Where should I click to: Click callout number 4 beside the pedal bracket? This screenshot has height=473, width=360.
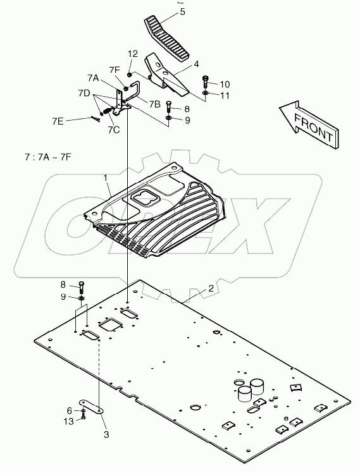point(197,64)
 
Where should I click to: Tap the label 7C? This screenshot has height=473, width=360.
point(114,130)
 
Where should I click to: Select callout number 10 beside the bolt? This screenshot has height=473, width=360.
point(226,84)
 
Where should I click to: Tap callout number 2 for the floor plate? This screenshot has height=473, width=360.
point(211,288)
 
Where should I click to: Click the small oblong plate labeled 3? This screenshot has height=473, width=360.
point(92,407)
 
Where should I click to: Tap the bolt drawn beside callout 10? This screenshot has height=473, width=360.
point(206,82)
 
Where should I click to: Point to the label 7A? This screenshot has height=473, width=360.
point(93,78)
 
